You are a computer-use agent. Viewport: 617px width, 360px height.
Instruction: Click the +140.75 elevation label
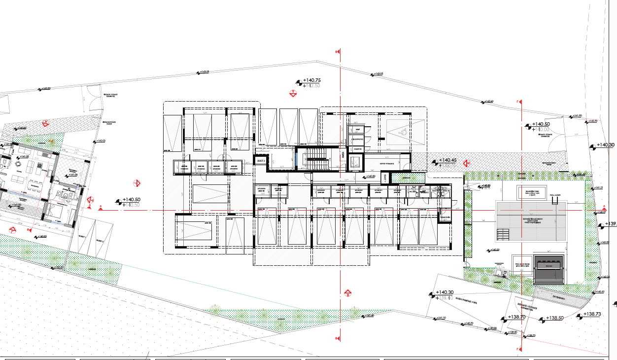click(311, 80)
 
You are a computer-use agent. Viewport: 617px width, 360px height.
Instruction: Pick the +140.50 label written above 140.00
click(541, 124)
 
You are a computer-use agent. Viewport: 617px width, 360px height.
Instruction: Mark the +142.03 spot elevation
click(101, 141)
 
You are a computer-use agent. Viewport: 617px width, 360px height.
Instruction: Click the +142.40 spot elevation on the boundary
click(488, 102)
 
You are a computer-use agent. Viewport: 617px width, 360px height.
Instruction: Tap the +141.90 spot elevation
click(576, 116)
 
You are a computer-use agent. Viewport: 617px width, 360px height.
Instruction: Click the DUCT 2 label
click(261, 161)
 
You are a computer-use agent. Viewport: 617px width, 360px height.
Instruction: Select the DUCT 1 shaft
click(385, 178)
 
